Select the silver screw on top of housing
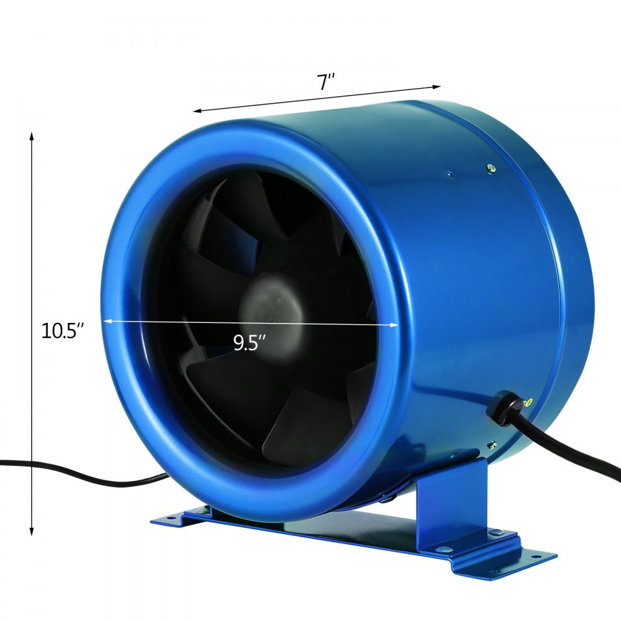491,166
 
